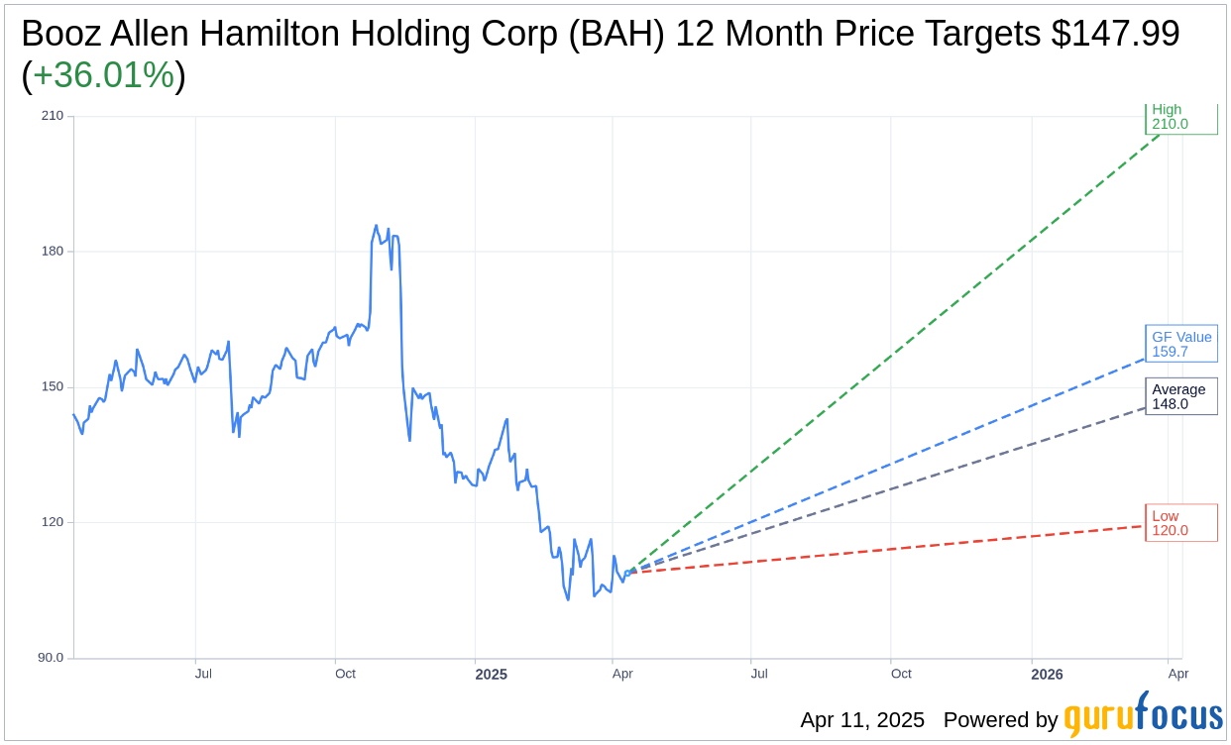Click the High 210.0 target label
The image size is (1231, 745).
(1180, 118)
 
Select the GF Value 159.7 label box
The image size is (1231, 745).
(1180, 344)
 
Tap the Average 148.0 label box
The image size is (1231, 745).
(1180, 396)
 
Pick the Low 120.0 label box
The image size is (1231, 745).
(1180, 523)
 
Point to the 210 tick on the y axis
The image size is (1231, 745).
(53, 116)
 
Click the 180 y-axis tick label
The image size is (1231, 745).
(53, 252)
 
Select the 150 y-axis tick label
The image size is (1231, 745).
(53, 387)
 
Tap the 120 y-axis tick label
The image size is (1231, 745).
(53, 522)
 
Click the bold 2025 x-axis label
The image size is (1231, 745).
(491, 675)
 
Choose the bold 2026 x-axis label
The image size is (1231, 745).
(1047, 675)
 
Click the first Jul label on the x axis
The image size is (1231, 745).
(203, 675)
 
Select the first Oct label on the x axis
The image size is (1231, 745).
(345, 675)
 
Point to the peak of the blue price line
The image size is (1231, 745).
(376, 226)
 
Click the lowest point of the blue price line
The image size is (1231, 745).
(568, 599)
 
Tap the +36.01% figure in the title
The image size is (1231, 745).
(103, 75)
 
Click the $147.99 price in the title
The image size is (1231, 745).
(1115, 34)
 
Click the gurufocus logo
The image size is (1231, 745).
(1143, 715)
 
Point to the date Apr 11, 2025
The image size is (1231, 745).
(862, 720)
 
